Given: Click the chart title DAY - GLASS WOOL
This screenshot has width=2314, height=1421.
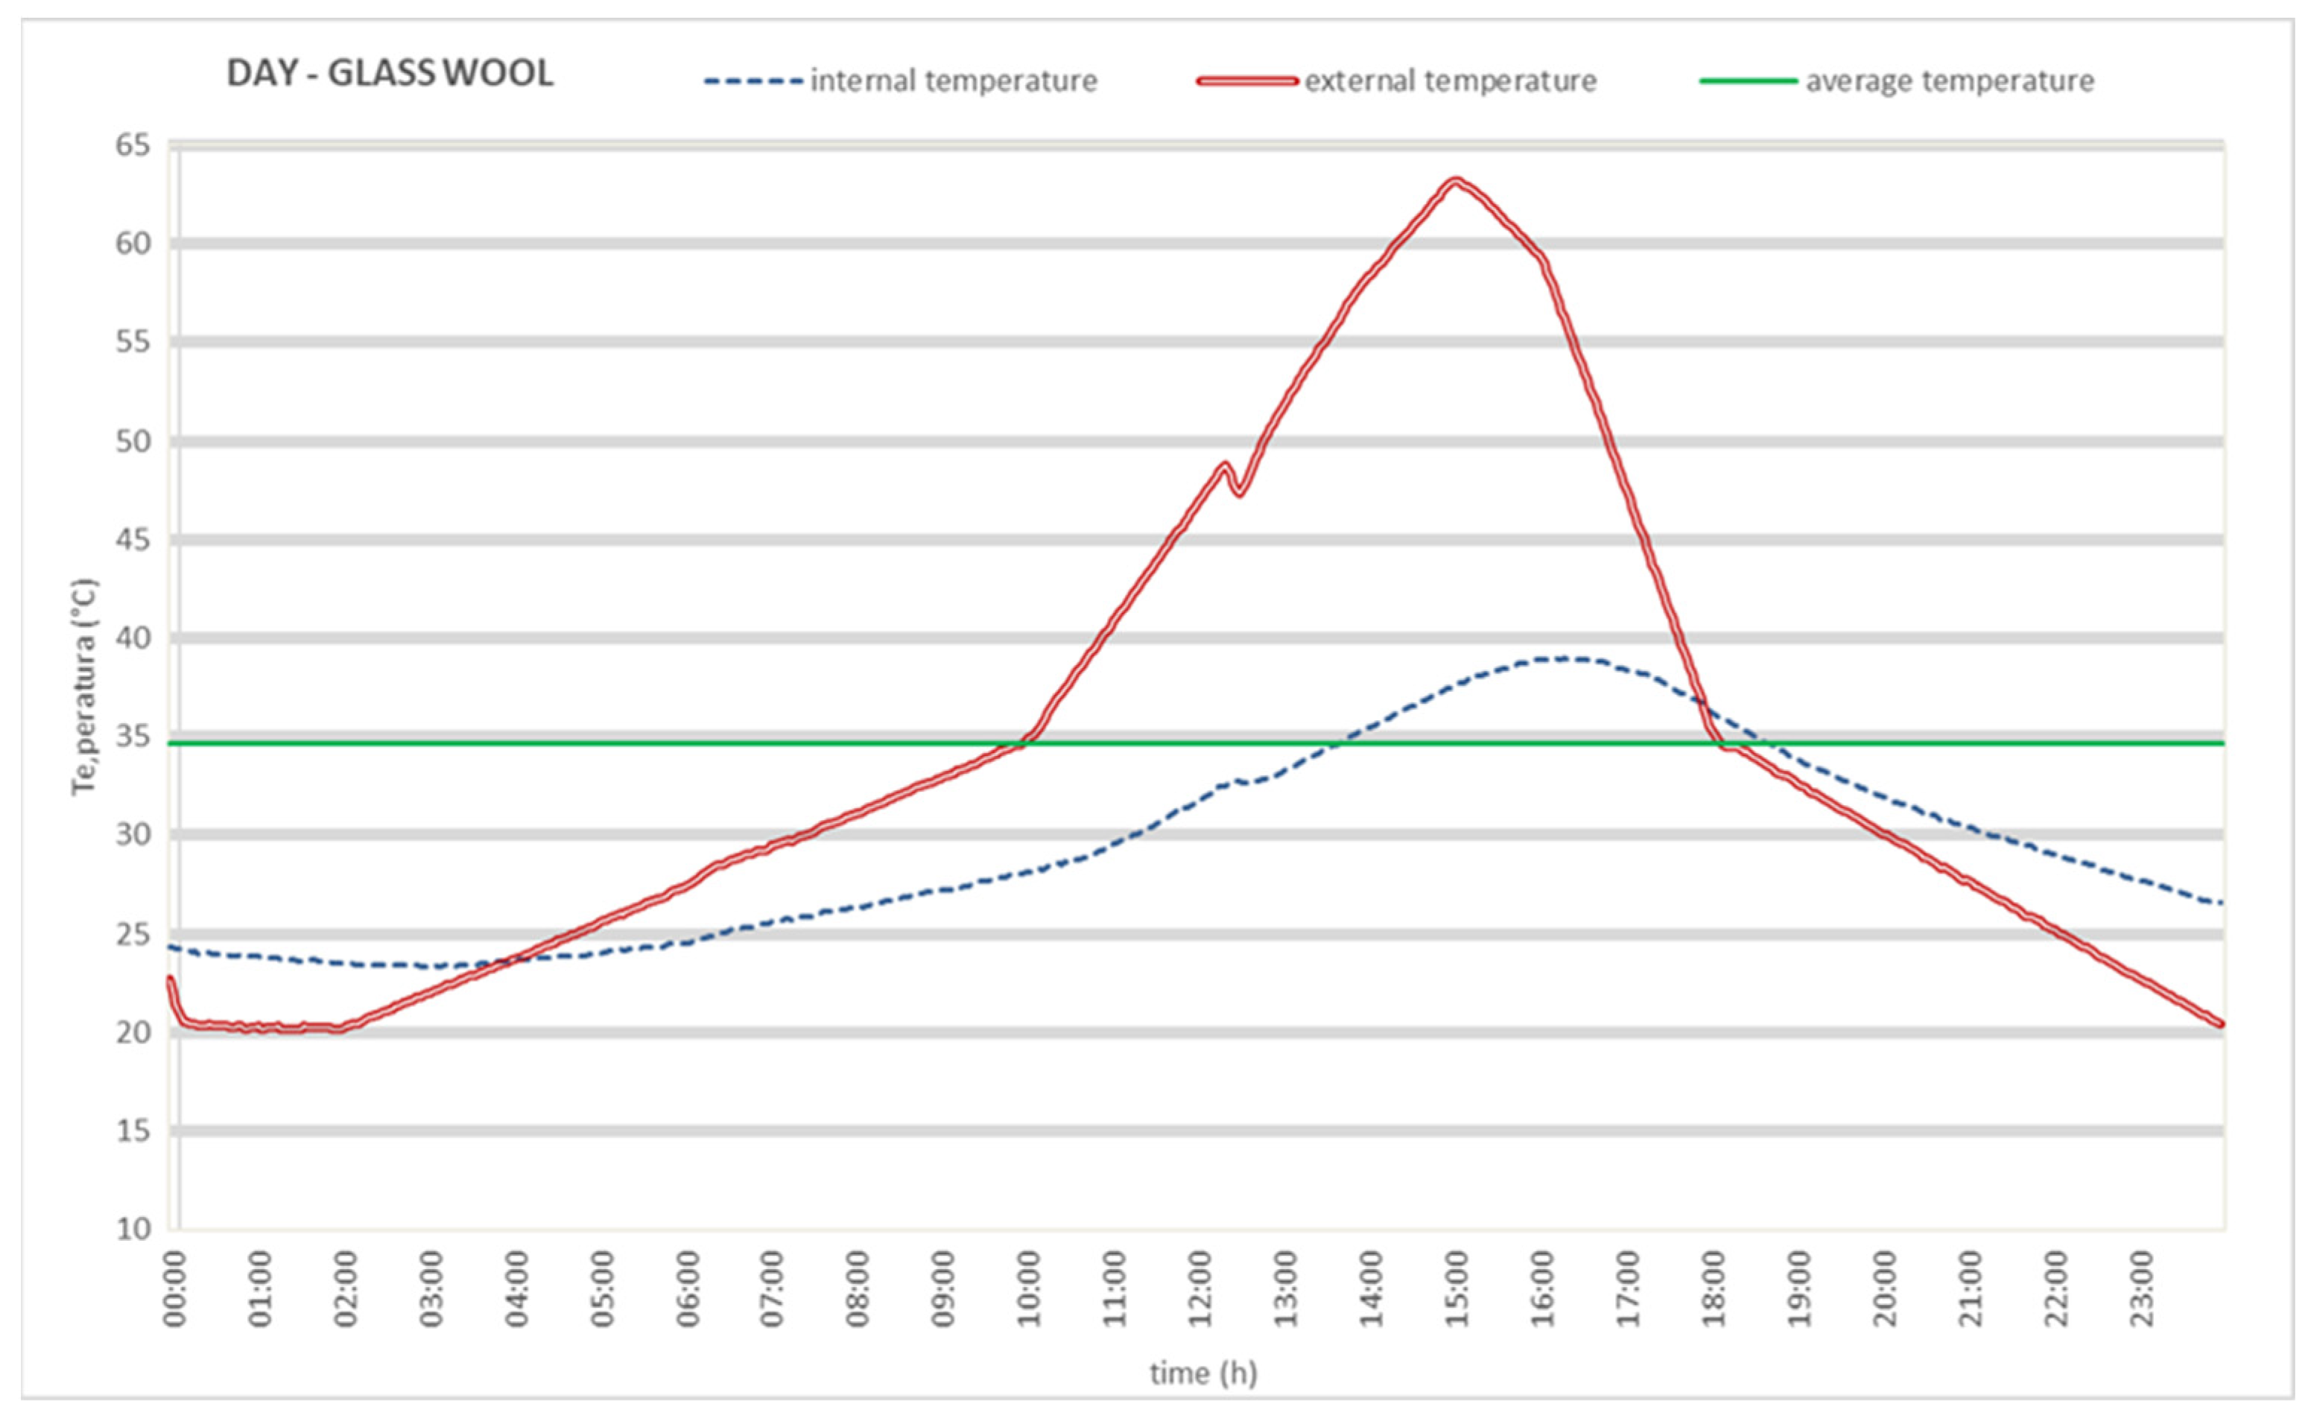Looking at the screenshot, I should click(390, 73).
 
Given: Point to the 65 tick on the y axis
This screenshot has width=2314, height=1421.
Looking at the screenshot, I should click(133, 146).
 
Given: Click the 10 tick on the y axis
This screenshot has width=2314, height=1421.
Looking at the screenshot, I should click(133, 1228).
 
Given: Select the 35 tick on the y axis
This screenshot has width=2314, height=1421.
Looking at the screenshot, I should click(133, 736).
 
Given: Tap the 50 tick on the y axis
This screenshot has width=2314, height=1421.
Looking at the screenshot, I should click(133, 441).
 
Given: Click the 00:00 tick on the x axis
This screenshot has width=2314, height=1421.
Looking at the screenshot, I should click(176, 1288).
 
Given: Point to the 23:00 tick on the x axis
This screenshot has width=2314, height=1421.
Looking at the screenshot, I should click(2142, 1288).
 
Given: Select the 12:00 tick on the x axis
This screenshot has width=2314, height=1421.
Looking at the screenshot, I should click(1201, 1288).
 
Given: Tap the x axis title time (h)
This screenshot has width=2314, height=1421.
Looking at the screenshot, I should click(1203, 1374).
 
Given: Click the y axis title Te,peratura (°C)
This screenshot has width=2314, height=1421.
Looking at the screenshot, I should click(85, 687).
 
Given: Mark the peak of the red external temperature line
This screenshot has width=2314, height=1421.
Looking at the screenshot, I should click(1455, 179).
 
